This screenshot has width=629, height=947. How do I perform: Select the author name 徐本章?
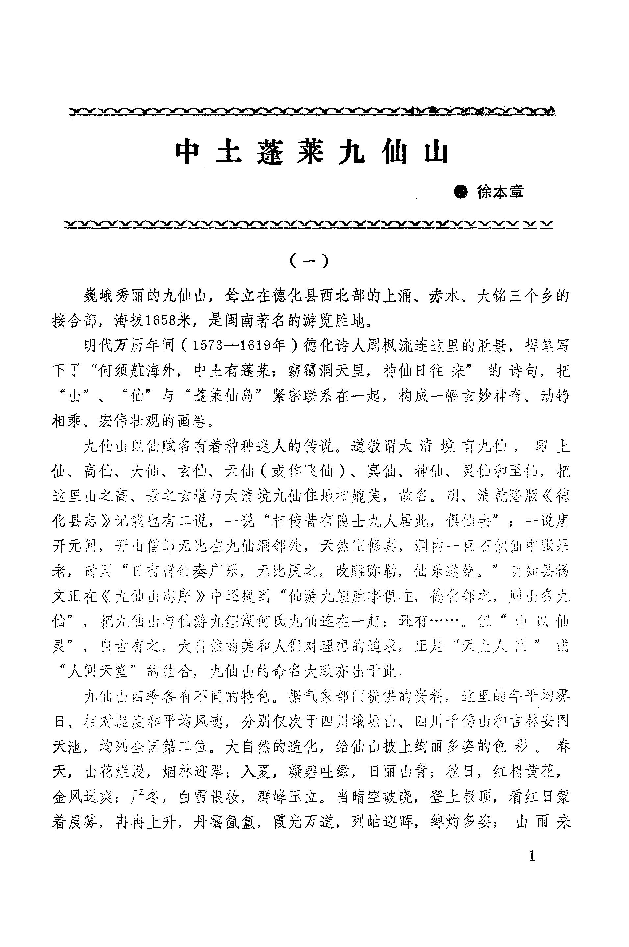(x=500, y=192)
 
